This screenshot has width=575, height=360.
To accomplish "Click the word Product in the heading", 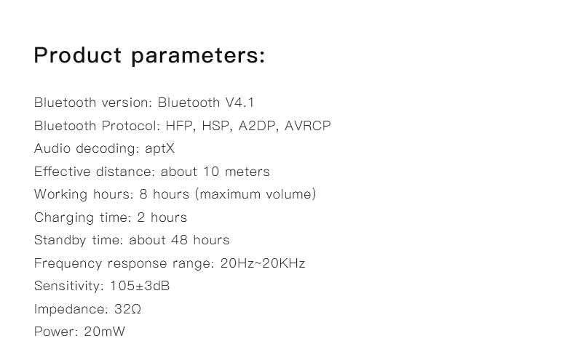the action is click(x=77, y=55).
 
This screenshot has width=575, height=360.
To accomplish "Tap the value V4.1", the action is click(x=239, y=103).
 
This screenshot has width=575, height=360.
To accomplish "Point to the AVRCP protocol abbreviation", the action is click(x=308, y=126).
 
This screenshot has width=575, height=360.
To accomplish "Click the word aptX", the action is click(x=159, y=149).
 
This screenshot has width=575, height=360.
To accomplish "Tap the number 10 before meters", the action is click(x=211, y=172).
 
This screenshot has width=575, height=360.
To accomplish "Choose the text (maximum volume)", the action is click(x=255, y=194).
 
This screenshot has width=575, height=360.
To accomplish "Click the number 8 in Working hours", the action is click(x=143, y=194).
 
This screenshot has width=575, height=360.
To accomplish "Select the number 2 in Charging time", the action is click(x=140, y=217).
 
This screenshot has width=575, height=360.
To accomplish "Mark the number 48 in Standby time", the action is click(x=179, y=240).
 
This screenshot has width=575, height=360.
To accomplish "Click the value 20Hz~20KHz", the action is click(x=263, y=263).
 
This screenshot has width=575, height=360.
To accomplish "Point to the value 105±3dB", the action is click(x=140, y=286).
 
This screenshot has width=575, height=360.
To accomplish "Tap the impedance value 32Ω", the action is click(x=127, y=308).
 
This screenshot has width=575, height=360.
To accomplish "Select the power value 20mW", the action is click(x=105, y=332).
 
